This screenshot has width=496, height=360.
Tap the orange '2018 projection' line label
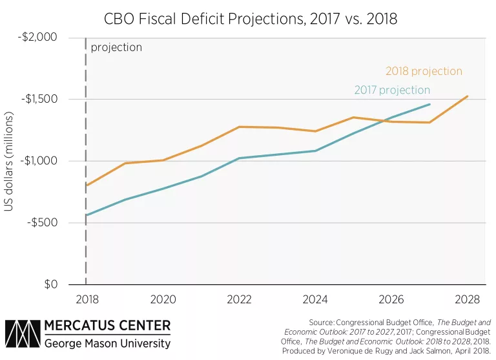click(x=424, y=71)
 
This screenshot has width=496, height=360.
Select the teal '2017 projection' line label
click(x=392, y=90)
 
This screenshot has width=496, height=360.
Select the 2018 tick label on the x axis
click(x=86, y=300)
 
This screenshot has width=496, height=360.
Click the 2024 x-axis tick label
click(x=315, y=300)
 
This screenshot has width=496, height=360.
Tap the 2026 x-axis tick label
click(x=391, y=300)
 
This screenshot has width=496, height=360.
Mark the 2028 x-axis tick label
click(x=468, y=300)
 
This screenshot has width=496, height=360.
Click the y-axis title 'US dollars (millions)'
click(x=11, y=162)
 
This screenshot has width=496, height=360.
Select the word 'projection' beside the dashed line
click(x=116, y=47)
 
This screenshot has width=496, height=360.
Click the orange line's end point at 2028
click(x=468, y=96)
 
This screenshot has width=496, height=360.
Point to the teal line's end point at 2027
click(x=429, y=104)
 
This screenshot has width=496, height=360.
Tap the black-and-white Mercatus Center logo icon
click(x=21, y=334)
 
